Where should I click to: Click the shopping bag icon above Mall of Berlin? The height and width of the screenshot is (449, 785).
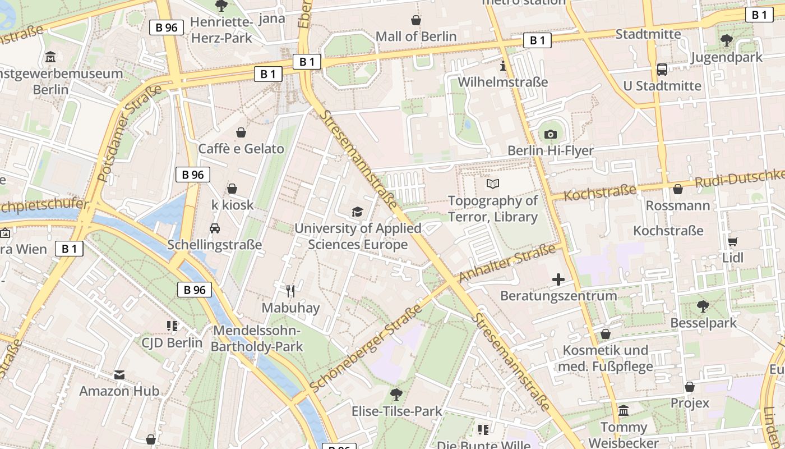coord(416,21)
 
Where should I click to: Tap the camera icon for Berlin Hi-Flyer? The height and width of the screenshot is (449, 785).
coord(551,134)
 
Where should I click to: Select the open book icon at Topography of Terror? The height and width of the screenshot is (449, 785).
coord(493,184)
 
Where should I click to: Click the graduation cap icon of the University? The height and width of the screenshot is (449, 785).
coord(357,212)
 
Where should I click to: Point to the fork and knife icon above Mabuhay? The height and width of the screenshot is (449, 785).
coord(290,291)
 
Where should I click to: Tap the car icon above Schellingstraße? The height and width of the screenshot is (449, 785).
coord(214,228)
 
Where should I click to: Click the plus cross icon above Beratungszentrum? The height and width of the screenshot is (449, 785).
coord(558,279)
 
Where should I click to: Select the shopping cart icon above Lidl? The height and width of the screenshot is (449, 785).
coord(732,241)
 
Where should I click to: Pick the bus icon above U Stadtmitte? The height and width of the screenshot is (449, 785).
coord(662,69)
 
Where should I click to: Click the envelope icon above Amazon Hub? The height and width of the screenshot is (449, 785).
coord(119,374)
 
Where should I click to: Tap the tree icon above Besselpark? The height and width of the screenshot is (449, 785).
coord(703,306)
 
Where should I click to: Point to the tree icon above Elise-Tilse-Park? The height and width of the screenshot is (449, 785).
coord(396,394)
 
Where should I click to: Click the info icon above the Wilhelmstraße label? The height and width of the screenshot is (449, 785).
coord(502,66)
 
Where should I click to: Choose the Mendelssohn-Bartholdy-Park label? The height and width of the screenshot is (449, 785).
coord(257,338)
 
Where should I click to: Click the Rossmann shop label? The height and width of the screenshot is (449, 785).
coord(677,205)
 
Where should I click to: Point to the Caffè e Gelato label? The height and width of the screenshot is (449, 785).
coord(241,149)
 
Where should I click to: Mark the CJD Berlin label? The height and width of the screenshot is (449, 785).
coord(172,342)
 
